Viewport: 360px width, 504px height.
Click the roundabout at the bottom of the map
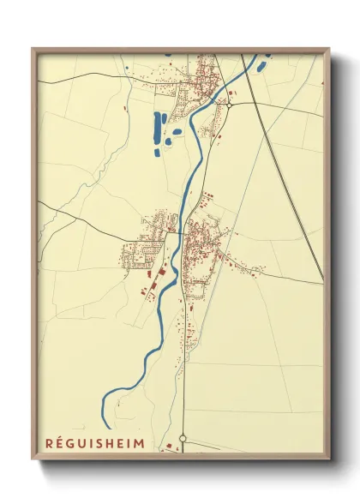(183, 439)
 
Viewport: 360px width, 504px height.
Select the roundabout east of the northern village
(230, 103)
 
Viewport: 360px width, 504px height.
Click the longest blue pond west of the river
(157, 128)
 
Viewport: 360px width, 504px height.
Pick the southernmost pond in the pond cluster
(158, 153)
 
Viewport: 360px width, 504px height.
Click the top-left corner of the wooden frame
(33, 49)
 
